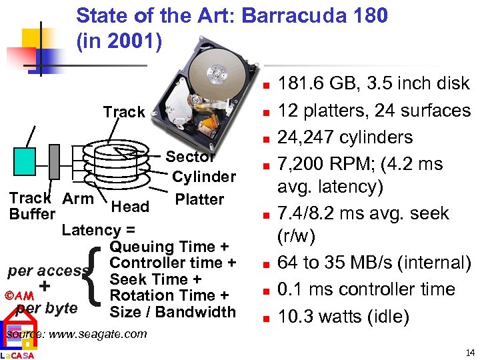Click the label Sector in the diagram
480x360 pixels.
coord(190,157)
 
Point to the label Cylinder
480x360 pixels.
coord(204,177)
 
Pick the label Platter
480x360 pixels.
coord(199,199)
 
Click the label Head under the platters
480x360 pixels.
coord(130,207)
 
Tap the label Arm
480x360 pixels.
coord(77,198)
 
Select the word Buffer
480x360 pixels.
coord(32,214)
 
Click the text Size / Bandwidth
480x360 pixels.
coord(173,311)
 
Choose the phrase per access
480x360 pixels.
coord(48,271)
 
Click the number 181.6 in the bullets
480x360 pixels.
coord(300,84)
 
